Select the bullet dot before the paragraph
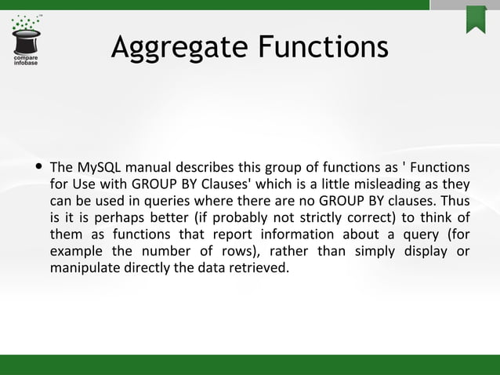[x=38, y=168]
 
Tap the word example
[x=75, y=251]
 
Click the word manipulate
[x=84, y=268]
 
